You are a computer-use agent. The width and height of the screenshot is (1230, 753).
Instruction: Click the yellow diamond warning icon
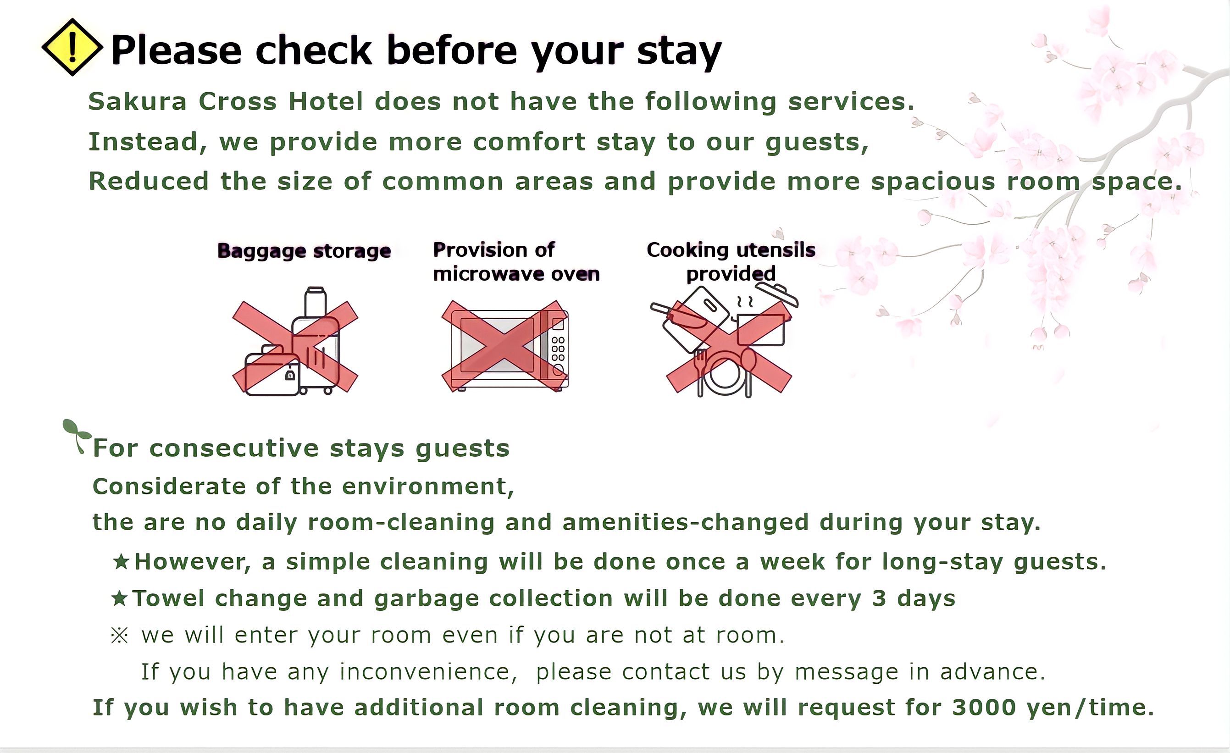point(72,47)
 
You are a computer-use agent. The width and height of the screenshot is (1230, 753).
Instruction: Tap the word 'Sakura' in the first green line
point(137,102)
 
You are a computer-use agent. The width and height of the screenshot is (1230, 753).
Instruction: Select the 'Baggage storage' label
point(304,251)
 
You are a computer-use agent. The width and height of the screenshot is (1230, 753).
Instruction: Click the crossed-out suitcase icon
point(295,343)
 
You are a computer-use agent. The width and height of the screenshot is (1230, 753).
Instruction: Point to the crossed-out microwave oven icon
point(504,346)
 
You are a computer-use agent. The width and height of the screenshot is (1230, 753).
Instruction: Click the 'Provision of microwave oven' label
point(516,262)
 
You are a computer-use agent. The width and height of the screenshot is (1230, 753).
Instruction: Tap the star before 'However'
point(121,562)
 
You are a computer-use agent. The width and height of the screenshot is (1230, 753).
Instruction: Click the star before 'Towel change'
point(119,598)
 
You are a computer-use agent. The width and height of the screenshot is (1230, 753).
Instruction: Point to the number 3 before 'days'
point(879,598)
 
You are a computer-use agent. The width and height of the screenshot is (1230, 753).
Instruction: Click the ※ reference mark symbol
point(119,636)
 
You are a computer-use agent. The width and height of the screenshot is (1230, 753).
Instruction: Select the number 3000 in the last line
point(984,708)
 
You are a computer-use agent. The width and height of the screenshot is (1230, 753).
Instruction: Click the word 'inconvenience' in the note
point(425,672)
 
